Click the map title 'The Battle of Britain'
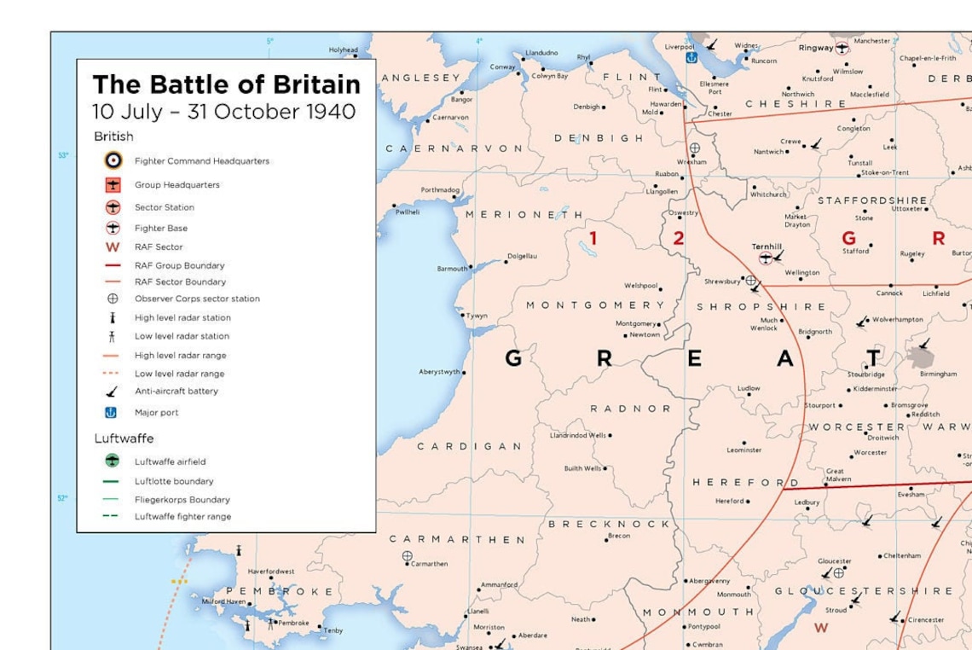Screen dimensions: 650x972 [226, 84]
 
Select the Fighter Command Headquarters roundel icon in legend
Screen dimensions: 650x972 [113, 160]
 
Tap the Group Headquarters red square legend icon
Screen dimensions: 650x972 [113, 184]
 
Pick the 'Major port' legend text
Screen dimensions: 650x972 [156, 413]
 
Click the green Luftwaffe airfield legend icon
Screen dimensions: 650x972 [113, 461]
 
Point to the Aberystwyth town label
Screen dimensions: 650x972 [439, 372]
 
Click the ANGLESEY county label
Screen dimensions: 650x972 [420, 78]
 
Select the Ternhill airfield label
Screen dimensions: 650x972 [767, 247]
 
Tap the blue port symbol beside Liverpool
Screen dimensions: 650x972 [691, 57]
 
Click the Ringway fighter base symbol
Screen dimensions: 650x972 [842, 49]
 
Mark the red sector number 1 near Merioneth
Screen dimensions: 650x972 [593, 239]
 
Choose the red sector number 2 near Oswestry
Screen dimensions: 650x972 [678, 239]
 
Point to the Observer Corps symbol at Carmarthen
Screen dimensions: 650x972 [407, 556]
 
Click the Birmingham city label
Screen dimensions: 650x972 [938, 374]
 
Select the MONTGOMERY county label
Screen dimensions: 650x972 [594, 305]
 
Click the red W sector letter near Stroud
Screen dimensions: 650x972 [820, 628]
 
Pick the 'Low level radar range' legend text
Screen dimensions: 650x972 [179, 374]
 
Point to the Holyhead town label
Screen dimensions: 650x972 [343, 50]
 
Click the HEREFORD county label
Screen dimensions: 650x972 [745, 483]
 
